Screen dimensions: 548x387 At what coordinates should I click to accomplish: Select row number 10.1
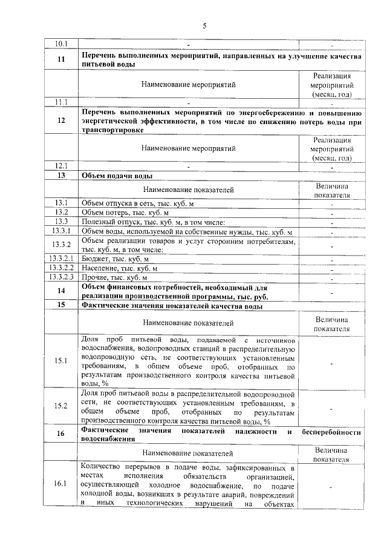[x=61, y=44]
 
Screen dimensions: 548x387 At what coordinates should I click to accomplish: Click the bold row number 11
[x=61, y=59]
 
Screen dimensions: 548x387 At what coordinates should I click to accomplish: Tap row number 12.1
[x=61, y=165]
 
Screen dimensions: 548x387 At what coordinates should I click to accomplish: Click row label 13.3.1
[x=61, y=231]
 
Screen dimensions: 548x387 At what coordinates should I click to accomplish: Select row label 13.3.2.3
[x=61, y=277]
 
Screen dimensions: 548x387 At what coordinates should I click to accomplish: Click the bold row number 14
[x=61, y=291]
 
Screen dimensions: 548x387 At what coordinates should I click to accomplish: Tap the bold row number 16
[x=61, y=434]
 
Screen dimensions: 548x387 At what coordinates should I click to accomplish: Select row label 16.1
[x=61, y=484]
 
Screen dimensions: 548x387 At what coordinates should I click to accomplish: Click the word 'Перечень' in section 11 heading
[x=99, y=56]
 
